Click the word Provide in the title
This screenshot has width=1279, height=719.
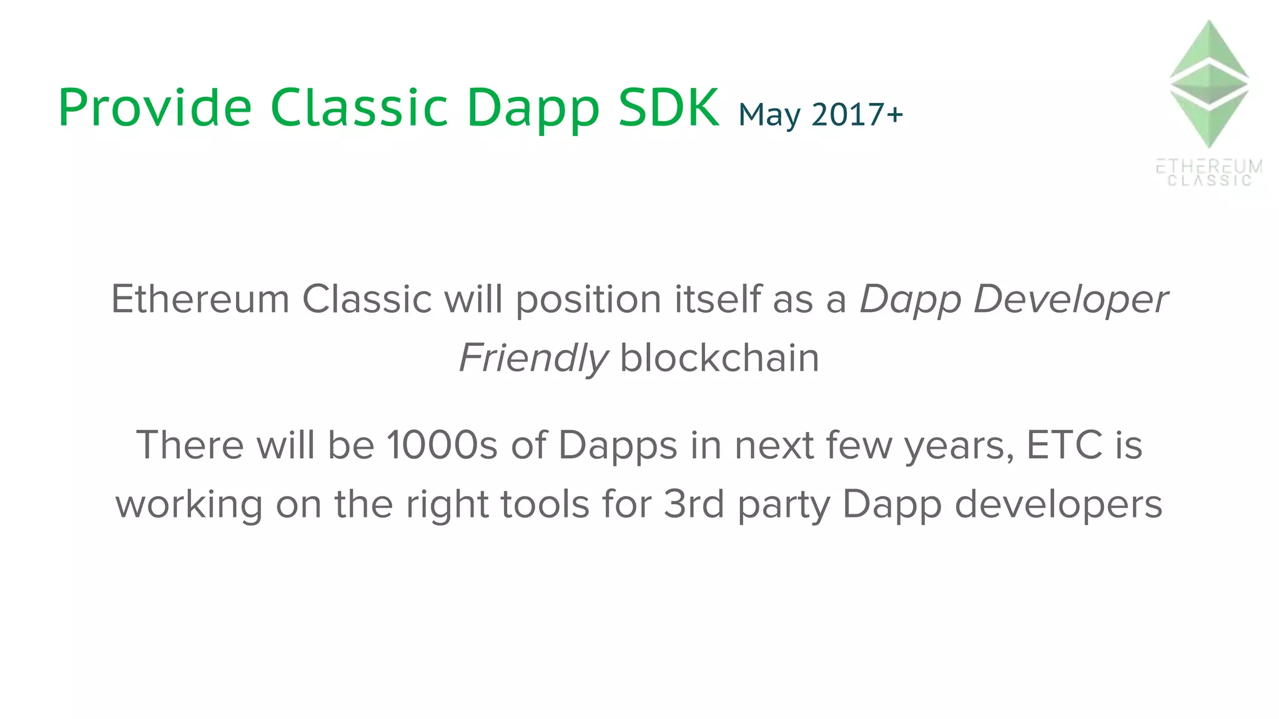(155, 107)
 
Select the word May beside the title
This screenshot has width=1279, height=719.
(769, 115)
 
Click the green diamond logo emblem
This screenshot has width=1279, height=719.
(1208, 84)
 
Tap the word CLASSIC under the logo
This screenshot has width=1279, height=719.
(1210, 181)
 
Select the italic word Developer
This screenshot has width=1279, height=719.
(1070, 300)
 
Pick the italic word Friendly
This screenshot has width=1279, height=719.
(533, 358)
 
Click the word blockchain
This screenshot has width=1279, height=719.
(719, 358)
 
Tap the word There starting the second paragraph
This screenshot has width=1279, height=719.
(190, 445)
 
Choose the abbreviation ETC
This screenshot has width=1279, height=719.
(1064, 445)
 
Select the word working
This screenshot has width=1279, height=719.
(189, 504)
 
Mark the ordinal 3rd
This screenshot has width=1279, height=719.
(694, 504)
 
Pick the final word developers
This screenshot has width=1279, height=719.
(1059, 504)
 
